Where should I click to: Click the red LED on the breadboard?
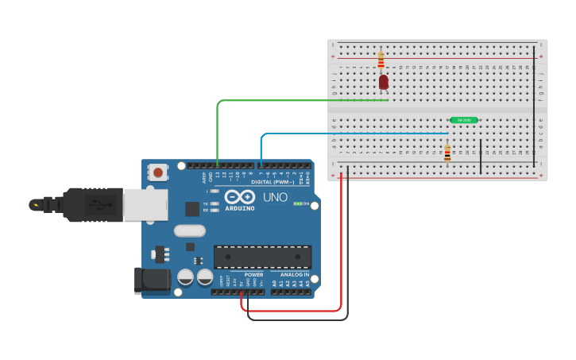click(x=384, y=82)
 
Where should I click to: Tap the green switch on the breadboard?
click(x=463, y=120)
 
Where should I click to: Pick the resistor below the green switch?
click(x=447, y=153)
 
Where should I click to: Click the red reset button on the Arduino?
click(x=159, y=172)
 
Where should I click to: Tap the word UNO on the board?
click(x=275, y=197)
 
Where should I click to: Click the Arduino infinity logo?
click(x=239, y=196)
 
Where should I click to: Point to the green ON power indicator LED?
click(x=298, y=203)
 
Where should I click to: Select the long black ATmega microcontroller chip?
click(x=262, y=257)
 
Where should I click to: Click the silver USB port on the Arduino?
click(x=145, y=204)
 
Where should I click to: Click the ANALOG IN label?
click(x=294, y=274)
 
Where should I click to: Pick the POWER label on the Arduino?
click(x=253, y=274)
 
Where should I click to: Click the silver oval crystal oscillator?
click(x=189, y=230)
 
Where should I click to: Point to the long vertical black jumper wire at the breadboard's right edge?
click(x=534, y=103)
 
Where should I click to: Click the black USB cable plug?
click(x=91, y=204)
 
